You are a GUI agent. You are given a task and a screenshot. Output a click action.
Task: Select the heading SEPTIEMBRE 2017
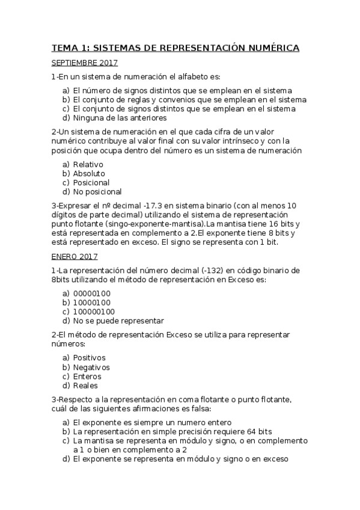85,63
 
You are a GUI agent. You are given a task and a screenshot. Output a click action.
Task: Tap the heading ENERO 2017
75,256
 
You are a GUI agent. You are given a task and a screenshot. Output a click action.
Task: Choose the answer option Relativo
88,164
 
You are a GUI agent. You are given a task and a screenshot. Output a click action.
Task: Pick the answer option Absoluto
90,173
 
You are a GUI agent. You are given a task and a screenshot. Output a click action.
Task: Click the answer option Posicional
91,182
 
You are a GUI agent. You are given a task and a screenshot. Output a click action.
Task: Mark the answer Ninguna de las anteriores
120,118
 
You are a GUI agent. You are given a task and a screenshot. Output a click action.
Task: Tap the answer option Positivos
90,358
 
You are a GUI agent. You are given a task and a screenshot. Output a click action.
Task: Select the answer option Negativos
92,367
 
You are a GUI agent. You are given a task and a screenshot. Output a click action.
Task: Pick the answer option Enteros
88,376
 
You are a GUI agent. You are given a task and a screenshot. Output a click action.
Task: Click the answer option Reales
85,386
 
